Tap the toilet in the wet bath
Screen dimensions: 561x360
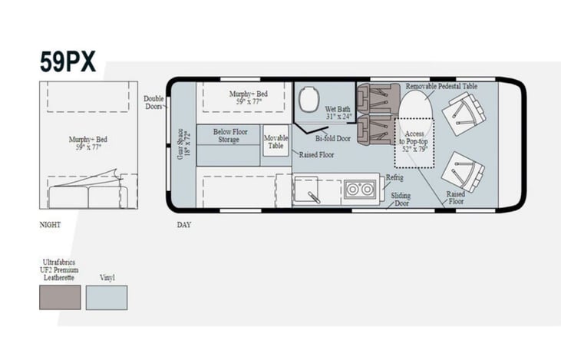[309, 99]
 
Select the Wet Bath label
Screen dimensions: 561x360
[338, 113]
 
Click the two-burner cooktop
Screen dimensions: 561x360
[360, 189]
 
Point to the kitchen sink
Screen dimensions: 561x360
[306, 190]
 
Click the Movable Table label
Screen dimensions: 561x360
[276, 142]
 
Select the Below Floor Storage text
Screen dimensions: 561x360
[230, 136]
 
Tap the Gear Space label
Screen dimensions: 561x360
[184, 144]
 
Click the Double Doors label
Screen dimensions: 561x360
[153, 102]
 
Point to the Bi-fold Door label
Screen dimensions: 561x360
[333, 138]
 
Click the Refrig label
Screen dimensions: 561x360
[394, 177]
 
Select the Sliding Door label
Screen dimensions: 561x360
[401, 200]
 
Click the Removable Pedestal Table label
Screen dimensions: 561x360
[441, 86]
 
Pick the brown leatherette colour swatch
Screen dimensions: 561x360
[60, 297]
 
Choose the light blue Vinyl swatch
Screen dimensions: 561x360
[107, 297]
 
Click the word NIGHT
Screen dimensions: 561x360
[50, 225]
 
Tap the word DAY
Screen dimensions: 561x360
[184, 225]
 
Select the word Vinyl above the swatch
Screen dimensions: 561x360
[107, 277]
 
